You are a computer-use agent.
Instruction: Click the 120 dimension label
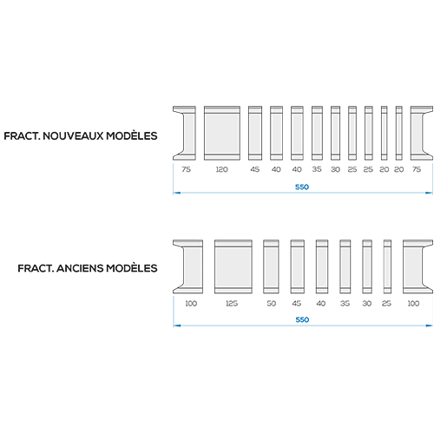[222, 169]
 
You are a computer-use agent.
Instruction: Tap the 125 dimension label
[232, 303]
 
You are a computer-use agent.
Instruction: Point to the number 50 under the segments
[272, 303]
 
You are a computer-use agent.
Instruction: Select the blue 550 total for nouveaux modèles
[302, 187]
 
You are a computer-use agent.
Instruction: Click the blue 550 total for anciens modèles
[302, 319]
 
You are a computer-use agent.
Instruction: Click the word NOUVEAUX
[73, 135]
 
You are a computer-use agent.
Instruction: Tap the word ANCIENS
[80, 268]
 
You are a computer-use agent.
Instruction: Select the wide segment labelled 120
[222, 133]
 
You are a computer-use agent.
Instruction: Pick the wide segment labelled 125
[233, 266]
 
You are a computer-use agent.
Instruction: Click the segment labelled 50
[271, 266]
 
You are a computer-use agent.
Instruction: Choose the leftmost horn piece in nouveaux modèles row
[185, 133]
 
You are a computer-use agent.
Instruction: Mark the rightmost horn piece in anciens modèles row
[418, 266]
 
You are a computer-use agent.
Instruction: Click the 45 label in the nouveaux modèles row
[255, 169]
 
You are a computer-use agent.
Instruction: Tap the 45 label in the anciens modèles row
[297, 303]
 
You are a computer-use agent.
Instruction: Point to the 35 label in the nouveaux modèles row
[317, 169]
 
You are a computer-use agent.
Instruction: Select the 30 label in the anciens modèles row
[367, 303]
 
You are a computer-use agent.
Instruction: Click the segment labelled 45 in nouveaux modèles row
[255, 133]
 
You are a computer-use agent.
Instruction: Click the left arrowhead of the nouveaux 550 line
[176, 193]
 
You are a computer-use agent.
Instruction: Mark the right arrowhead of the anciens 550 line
[430, 325]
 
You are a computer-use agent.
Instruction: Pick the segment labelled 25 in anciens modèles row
[387, 266]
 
